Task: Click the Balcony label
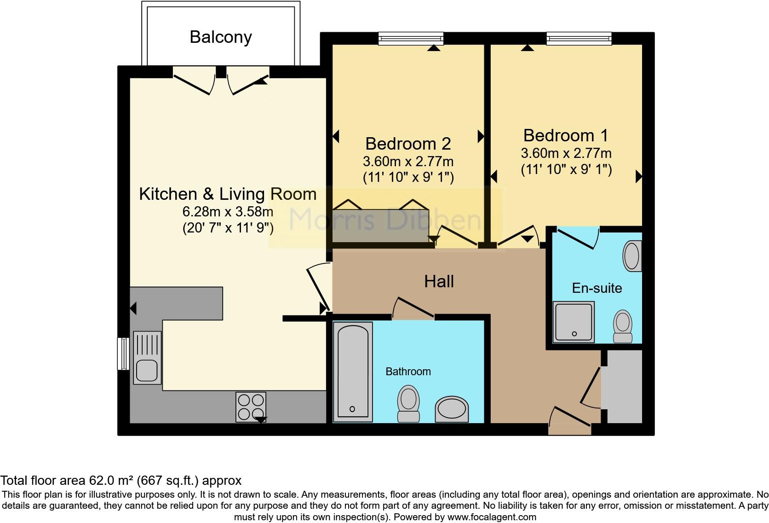pos(221,37)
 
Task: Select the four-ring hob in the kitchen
pos(251,407)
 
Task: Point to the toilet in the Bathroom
pos(408,403)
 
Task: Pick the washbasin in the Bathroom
pos(451,409)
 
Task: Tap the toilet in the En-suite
pos(623,326)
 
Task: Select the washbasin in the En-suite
pos(632,256)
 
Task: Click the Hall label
pos(439,281)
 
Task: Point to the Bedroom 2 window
pos(411,38)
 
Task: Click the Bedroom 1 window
pos(579,38)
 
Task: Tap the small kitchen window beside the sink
pos(123,354)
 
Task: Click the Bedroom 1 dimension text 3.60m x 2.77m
pos(566,153)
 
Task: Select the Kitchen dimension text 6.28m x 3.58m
pos(228,212)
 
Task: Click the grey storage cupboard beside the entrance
pos(625,387)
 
